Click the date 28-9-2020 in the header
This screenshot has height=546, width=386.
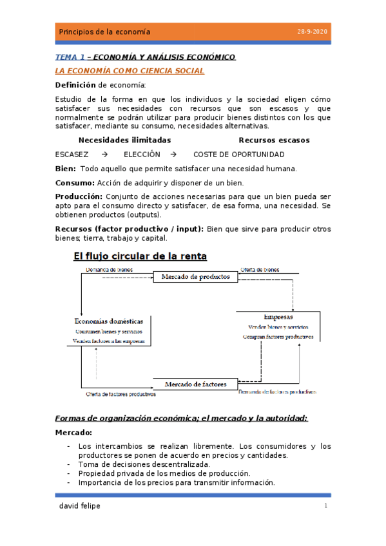click(x=312, y=32)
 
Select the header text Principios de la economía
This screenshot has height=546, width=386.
click(x=104, y=32)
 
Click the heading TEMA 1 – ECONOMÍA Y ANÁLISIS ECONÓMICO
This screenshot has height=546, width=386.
click(x=145, y=57)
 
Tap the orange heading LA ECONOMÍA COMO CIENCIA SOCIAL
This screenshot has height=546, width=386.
click(x=130, y=71)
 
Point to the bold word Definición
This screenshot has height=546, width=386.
click(x=75, y=85)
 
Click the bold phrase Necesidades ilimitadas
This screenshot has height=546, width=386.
click(x=124, y=140)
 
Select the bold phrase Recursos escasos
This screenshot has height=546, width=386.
click(x=274, y=140)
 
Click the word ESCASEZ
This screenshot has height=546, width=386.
click(x=72, y=155)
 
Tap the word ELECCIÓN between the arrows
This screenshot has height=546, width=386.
click(x=142, y=155)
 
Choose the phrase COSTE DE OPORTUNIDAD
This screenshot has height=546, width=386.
click(x=238, y=155)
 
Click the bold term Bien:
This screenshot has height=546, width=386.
click(x=66, y=169)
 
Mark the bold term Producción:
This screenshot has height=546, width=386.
click(x=79, y=196)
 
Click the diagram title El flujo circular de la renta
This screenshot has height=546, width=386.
click(x=140, y=256)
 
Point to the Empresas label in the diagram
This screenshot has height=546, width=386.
click(x=278, y=317)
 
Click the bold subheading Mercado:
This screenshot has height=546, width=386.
click(x=73, y=433)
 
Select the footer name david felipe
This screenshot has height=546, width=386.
click(x=79, y=506)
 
